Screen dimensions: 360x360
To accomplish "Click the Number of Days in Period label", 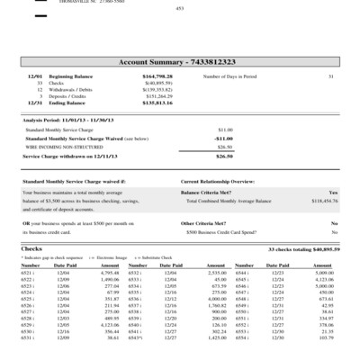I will click(231, 78).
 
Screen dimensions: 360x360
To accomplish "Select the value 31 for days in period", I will click(330, 78).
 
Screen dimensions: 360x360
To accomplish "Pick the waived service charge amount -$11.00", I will click(225, 139).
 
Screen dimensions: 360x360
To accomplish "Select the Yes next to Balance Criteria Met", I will click(333, 193).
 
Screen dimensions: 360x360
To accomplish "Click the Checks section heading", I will click(31, 247).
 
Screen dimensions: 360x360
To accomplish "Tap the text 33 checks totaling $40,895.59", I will click(303, 247).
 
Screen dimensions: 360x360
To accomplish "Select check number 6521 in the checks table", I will click(28, 272).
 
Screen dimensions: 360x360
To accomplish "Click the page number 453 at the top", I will click(180, 8).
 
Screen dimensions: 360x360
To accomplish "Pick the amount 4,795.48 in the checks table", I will click(107, 272).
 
